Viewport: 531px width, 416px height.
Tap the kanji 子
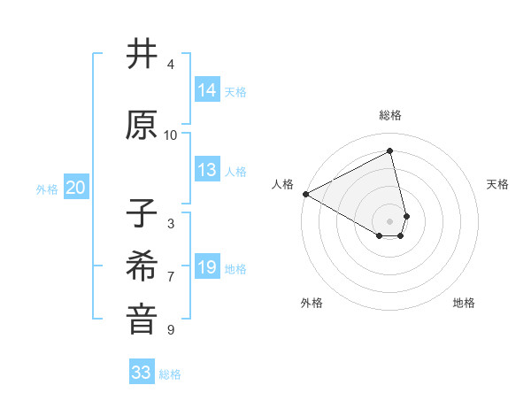click(x=142, y=214)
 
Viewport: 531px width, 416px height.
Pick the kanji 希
click(x=142, y=266)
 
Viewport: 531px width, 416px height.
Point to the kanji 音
click(x=142, y=320)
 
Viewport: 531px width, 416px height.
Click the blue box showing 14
click(x=207, y=89)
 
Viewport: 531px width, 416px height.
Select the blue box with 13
click(x=207, y=171)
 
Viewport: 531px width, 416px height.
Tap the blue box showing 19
click(x=207, y=267)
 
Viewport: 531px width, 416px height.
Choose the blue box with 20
click(x=76, y=188)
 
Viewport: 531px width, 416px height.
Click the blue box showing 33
click(x=142, y=373)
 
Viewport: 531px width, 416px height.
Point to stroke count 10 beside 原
click(x=171, y=135)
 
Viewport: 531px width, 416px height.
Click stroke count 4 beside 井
click(x=171, y=64)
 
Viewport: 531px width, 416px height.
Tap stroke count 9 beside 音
click(x=171, y=330)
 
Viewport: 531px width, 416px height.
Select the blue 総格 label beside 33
click(x=171, y=374)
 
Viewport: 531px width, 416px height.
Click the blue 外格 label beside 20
click(x=47, y=189)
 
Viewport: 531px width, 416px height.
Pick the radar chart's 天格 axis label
click(x=498, y=184)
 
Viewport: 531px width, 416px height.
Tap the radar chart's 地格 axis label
click(x=464, y=303)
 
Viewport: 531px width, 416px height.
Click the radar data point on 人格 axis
click(x=305, y=193)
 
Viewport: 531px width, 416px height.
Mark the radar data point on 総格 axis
click(x=390, y=151)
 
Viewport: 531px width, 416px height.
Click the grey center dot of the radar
click(x=390, y=220)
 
